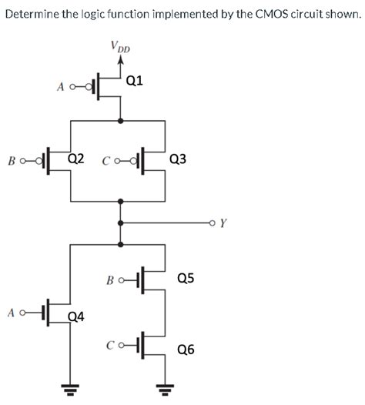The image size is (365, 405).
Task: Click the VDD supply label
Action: [x=121, y=48]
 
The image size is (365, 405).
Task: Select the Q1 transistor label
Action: [x=133, y=80]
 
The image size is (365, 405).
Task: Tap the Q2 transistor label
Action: [x=75, y=159]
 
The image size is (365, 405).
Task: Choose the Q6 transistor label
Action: [x=186, y=349]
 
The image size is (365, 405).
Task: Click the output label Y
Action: [x=223, y=225]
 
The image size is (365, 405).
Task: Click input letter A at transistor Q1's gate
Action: [x=60, y=87]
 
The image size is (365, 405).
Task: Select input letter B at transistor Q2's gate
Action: [x=11, y=162]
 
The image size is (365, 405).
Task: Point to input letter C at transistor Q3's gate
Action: [x=105, y=162]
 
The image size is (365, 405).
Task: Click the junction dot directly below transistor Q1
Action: [x=119, y=120]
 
